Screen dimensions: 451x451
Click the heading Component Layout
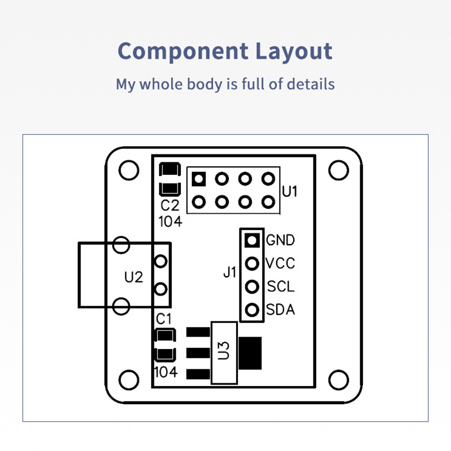tap(225, 51)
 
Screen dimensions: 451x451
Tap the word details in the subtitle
tap(311, 84)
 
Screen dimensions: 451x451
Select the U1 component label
tap(290, 191)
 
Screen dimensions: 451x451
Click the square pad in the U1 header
tap(198, 179)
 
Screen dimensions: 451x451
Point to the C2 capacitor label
tap(170, 205)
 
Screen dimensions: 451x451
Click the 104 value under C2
tap(170, 222)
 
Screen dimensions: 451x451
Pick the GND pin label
tap(280, 240)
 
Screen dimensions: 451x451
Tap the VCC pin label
tap(280, 263)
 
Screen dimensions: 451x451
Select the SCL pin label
tap(281, 286)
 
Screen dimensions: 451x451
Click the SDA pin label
tap(280, 309)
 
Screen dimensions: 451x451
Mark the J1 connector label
tap(229, 272)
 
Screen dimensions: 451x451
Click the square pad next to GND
tap(252, 240)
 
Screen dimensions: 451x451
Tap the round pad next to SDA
tap(252, 309)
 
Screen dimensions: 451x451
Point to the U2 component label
tap(134, 277)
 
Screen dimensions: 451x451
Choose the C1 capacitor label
tap(163, 319)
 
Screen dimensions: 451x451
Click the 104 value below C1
tap(166, 372)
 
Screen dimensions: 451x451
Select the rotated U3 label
tap(223, 350)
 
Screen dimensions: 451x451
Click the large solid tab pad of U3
tap(250, 353)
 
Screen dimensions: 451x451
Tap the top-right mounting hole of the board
tap(339, 170)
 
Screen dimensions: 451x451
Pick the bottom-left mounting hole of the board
tap(129, 379)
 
